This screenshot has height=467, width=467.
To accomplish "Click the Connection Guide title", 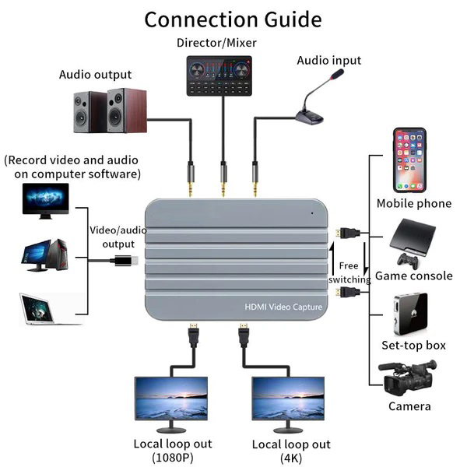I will coord(233,19).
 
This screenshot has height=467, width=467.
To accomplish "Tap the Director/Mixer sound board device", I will coord(223,76).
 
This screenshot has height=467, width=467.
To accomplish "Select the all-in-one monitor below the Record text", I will coord(45,201).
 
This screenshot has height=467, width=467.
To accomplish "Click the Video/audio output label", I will coord(117,237).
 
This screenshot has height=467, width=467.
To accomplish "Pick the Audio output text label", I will coord(96,75).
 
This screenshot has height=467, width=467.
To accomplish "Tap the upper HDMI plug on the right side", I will coord(347,232).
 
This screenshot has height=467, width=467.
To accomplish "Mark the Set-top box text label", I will coord(413,345).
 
